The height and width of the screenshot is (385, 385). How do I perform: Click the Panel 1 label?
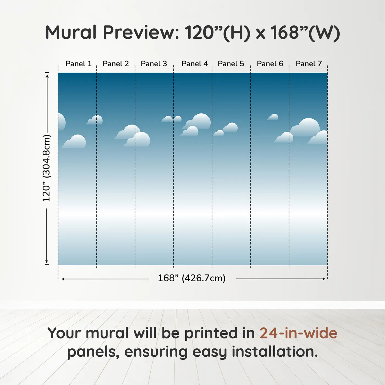[x=79, y=64]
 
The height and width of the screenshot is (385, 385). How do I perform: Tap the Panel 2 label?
[x=116, y=64]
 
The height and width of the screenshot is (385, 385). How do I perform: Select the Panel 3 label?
[x=154, y=64]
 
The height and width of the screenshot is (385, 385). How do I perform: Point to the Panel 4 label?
[x=195, y=64]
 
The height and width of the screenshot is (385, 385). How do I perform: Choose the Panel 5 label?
[x=231, y=64]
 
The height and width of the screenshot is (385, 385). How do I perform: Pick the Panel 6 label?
[x=270, y=64]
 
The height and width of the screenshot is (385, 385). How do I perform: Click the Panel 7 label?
[x=309, y=64]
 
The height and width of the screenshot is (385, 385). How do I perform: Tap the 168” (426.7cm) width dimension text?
[x=192, y=278]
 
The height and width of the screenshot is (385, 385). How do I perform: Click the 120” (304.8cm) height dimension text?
[x=47, y=168]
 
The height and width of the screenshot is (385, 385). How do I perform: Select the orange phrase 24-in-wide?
[x=298, y=333]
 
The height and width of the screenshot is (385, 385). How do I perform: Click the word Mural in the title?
[x=71, y=32]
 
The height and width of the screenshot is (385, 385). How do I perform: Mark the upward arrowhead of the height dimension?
[x=47, y=76]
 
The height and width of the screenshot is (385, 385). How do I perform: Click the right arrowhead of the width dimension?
[x=324, y=279]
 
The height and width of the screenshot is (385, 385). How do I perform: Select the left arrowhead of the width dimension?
[x=63, y=279]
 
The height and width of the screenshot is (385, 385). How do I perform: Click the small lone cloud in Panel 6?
[x=273, y=117]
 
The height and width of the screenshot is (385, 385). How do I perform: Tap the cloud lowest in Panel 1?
[x=74, y=141]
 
